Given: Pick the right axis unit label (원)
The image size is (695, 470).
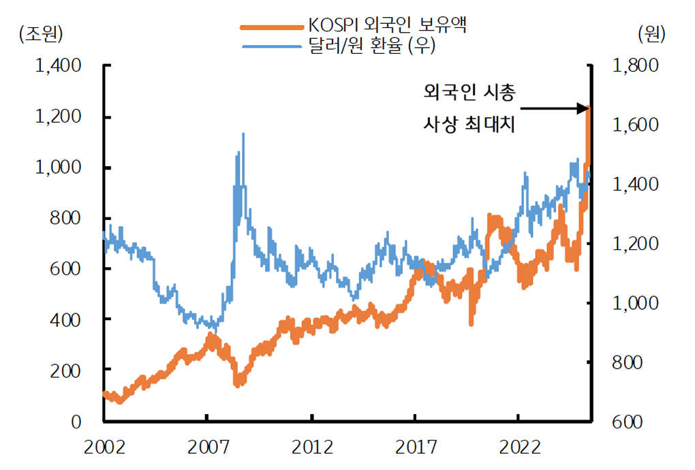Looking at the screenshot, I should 651,32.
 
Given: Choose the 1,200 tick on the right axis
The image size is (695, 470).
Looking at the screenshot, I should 635,244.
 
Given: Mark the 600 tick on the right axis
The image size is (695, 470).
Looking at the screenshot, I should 628,421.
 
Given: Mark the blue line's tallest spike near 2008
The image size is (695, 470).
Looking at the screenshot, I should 243,135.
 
